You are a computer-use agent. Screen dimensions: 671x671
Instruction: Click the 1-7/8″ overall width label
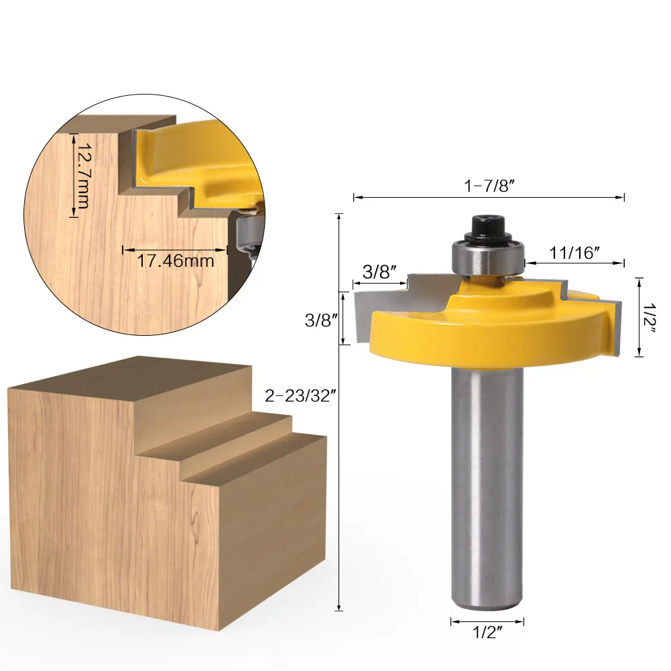[489, 186]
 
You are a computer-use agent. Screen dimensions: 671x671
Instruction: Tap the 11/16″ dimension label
[574, 253]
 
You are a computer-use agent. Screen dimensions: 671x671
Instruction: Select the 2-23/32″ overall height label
[299, 396]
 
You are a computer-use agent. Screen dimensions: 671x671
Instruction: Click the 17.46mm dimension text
[176, 261]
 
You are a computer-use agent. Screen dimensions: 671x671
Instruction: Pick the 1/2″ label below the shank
[487, 632]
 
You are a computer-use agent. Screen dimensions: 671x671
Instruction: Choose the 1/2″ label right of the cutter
[650, 318]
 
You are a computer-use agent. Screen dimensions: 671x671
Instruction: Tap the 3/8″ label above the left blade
[379, 271]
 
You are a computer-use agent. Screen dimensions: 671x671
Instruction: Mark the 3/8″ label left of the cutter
[321, 320]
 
